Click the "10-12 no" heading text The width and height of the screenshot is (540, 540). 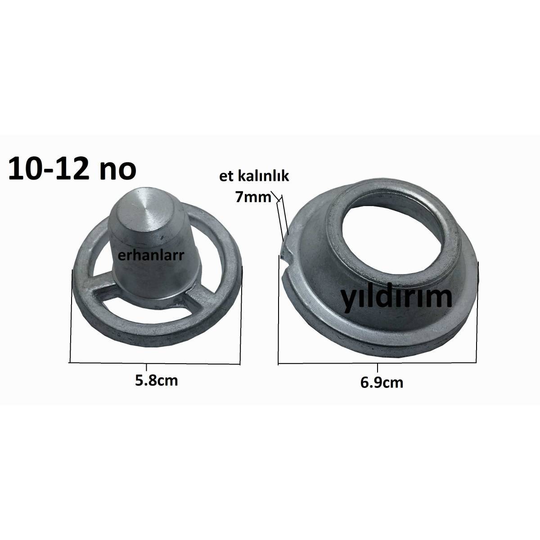[72, 169]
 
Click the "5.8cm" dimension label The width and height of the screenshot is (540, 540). [156, 381]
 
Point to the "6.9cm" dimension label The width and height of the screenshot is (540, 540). [382, 382]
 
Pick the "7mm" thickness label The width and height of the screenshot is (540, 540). [253, 197]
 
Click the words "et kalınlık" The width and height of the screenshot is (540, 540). [254, 176]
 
